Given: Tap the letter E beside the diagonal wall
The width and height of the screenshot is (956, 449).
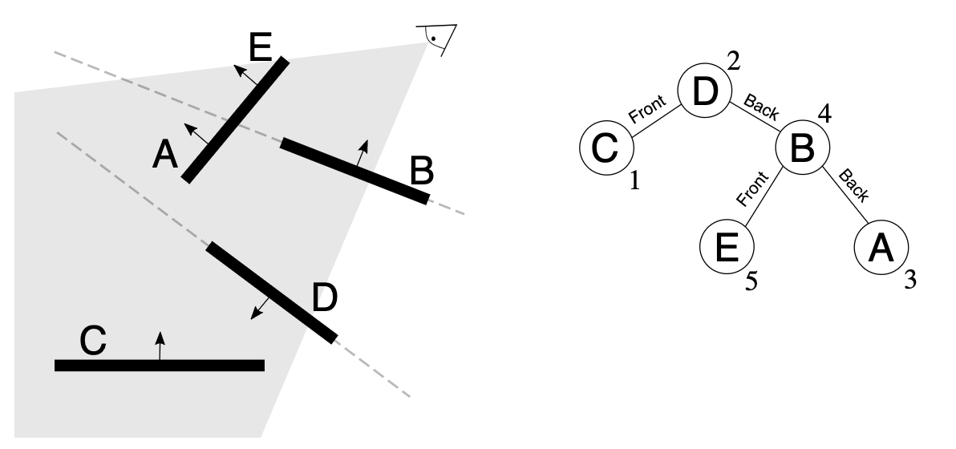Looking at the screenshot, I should (x=261, y=49).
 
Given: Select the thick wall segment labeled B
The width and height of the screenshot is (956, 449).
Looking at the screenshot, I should (x=354, y=171).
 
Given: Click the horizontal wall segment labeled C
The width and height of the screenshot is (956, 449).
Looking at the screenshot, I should (x=159, y=365).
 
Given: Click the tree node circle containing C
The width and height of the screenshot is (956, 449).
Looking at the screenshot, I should (x=606, y=148).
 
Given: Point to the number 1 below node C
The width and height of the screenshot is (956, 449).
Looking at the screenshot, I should (x=634, y=182).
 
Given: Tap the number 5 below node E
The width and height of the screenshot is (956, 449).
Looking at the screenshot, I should (x=751, y=282).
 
